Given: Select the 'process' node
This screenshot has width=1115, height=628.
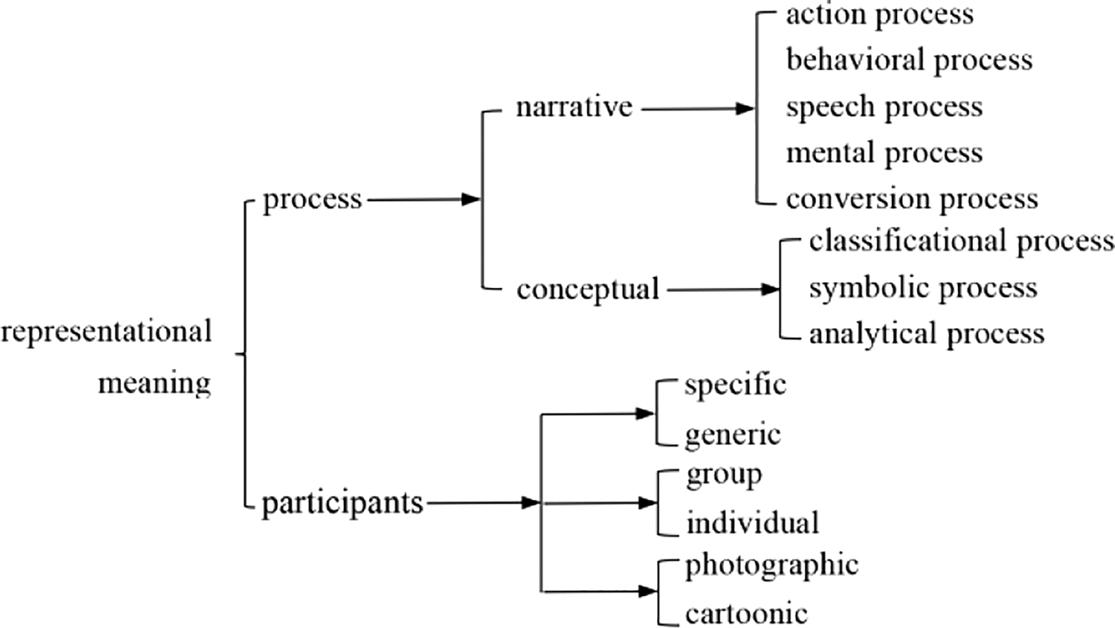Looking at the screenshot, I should coord(313,200).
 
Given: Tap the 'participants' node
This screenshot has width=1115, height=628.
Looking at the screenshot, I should coord(342,504).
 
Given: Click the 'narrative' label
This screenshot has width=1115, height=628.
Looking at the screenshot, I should coord(574,108).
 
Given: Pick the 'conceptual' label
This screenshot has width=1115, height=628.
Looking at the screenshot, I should coord(588,290).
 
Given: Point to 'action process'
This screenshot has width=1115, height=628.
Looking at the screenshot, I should coord(880,14).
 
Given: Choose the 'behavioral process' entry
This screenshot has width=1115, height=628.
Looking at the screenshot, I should coord(909,61).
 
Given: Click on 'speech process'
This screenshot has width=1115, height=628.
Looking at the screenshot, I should coord(884,107).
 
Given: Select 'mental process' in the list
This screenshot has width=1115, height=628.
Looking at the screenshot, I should coord(884,153).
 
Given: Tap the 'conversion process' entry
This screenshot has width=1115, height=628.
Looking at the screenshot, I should coord(911,199).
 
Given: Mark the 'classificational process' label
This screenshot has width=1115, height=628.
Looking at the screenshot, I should coord(961,242).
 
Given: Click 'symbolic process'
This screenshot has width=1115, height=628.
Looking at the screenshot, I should coord(922,288).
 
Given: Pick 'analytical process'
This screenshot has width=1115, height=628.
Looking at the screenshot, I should coord(927,334).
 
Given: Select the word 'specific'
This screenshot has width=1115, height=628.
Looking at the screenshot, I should coord(736,386).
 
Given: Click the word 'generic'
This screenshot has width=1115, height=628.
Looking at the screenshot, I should coord(733,436).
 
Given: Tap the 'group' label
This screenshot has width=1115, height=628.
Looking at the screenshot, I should coord(724,475).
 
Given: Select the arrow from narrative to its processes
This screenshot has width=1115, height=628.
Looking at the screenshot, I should coord(696,109).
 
